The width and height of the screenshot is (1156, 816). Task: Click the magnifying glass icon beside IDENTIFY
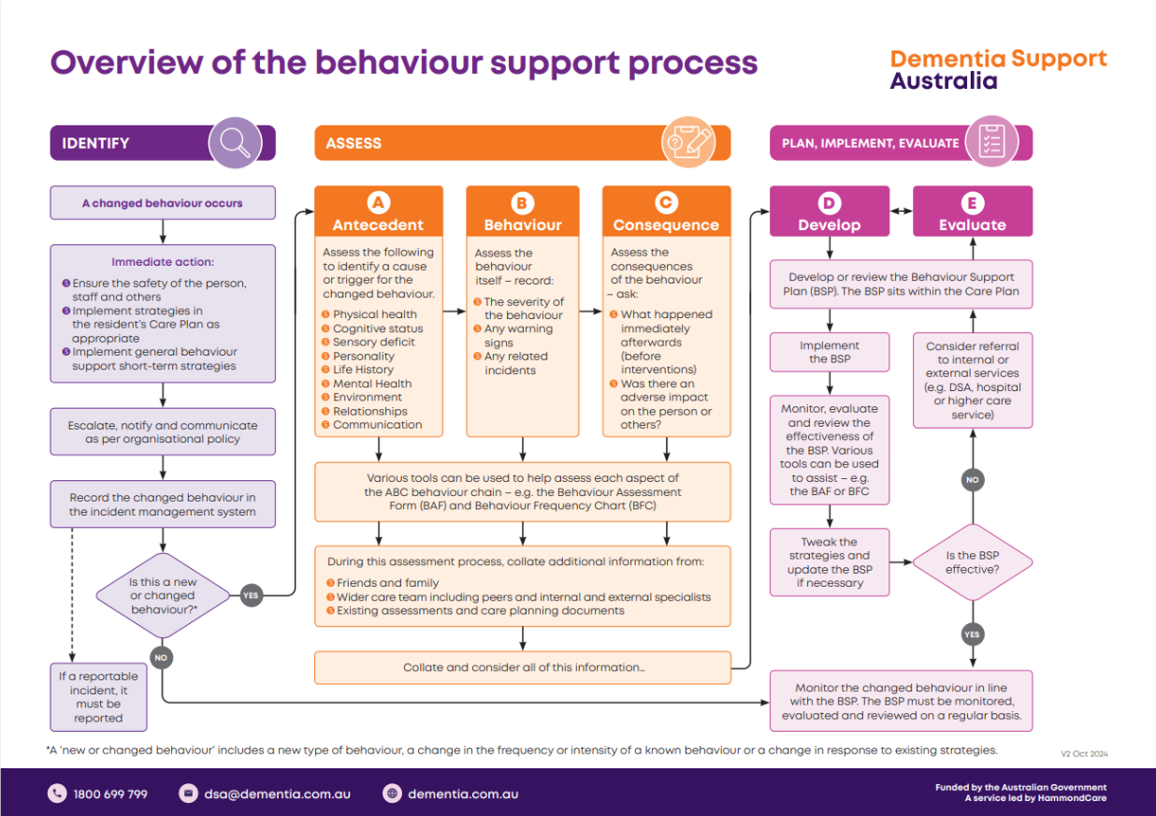[235, 142]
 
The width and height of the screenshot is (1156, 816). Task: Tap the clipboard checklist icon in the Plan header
[991, 142]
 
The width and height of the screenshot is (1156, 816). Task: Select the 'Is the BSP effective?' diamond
[972, 562]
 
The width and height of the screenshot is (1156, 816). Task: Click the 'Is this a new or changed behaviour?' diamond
[163, 595]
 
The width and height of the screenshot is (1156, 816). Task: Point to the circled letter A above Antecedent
[378, 203]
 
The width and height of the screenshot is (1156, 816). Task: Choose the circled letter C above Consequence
[666, 203]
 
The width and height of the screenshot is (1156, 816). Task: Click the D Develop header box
[829, 211]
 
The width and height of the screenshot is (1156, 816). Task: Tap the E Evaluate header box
[973, 211]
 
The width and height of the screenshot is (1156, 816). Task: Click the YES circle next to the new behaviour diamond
[251, 595]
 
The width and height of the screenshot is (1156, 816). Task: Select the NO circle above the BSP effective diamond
[973, 480]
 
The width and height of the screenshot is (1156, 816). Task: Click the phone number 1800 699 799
[110, 794]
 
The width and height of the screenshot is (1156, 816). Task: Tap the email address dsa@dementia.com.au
[278, 794]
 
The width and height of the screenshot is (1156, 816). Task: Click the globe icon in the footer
[393, 794]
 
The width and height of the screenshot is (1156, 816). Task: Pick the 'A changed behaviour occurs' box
[163, 203]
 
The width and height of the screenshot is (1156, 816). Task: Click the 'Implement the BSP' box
[830, 352]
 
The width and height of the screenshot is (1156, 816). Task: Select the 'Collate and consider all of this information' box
[523, 667]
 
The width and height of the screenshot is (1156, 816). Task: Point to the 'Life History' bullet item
[363, 370]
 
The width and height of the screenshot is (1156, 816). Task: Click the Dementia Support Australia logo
[998, 70]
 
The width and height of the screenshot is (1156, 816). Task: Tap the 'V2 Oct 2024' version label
[1084, 753]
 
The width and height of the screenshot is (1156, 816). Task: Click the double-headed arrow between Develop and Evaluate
[902, 212]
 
